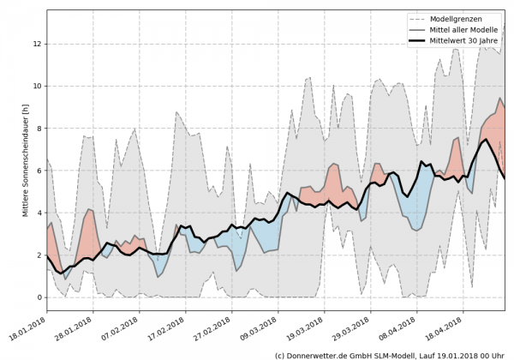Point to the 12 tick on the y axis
click(x=38, y=44)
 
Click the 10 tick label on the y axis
click(x=38, y=86)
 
